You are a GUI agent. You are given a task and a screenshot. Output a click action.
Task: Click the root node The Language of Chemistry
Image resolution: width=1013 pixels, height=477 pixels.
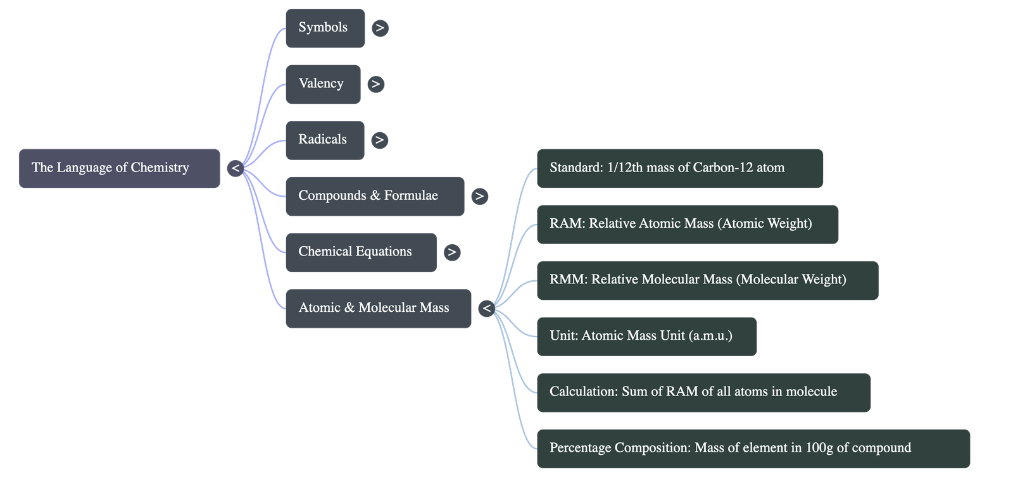tap(119, 168)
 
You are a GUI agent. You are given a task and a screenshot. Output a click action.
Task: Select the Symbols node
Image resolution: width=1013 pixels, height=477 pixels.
tap(325, 28)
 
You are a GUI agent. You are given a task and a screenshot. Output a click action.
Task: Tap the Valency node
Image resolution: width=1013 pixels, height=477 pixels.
tap(322, 84)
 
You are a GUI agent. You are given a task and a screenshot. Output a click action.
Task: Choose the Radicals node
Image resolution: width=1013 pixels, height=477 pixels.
tap(324, 140)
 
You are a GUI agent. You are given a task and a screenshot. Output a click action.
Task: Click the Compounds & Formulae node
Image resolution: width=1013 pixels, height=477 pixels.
tap(374, 196)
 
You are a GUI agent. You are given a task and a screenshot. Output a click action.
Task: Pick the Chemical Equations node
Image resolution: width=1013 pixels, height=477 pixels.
tap(360, 252)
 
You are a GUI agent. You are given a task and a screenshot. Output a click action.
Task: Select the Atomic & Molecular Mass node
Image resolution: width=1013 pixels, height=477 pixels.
tap(377, 308)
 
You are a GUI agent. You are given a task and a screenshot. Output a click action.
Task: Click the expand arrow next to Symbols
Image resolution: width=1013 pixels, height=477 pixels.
tap(380, 28)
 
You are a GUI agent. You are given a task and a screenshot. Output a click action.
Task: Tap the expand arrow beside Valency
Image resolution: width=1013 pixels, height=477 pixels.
tap(375, 84)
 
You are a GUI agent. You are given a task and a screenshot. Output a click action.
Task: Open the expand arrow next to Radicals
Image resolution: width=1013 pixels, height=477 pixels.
tap(379, 140)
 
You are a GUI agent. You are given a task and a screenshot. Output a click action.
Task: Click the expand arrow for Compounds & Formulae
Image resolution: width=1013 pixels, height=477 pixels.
tap(479, 196)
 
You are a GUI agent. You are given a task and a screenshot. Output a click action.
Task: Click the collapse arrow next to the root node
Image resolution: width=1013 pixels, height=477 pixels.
tap(236, 168)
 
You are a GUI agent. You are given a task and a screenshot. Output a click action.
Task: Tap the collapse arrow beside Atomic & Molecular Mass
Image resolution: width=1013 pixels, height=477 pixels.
tap(486, 309)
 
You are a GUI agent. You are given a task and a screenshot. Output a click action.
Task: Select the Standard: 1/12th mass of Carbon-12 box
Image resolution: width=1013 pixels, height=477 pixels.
tap(679, 168)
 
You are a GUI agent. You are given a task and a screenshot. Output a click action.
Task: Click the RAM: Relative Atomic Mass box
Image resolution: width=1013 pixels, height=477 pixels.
tap(687, 224)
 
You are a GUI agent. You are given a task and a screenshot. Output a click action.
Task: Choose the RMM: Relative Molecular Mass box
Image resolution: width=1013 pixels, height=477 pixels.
tap(707, 280)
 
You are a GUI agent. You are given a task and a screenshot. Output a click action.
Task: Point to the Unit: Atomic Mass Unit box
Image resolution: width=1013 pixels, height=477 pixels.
tap(646, 336)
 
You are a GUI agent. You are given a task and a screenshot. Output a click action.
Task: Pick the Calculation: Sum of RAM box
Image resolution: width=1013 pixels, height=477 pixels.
tap(703, 392)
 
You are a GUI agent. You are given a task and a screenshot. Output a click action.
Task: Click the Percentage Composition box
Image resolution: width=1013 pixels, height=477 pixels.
tap(753, 448)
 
